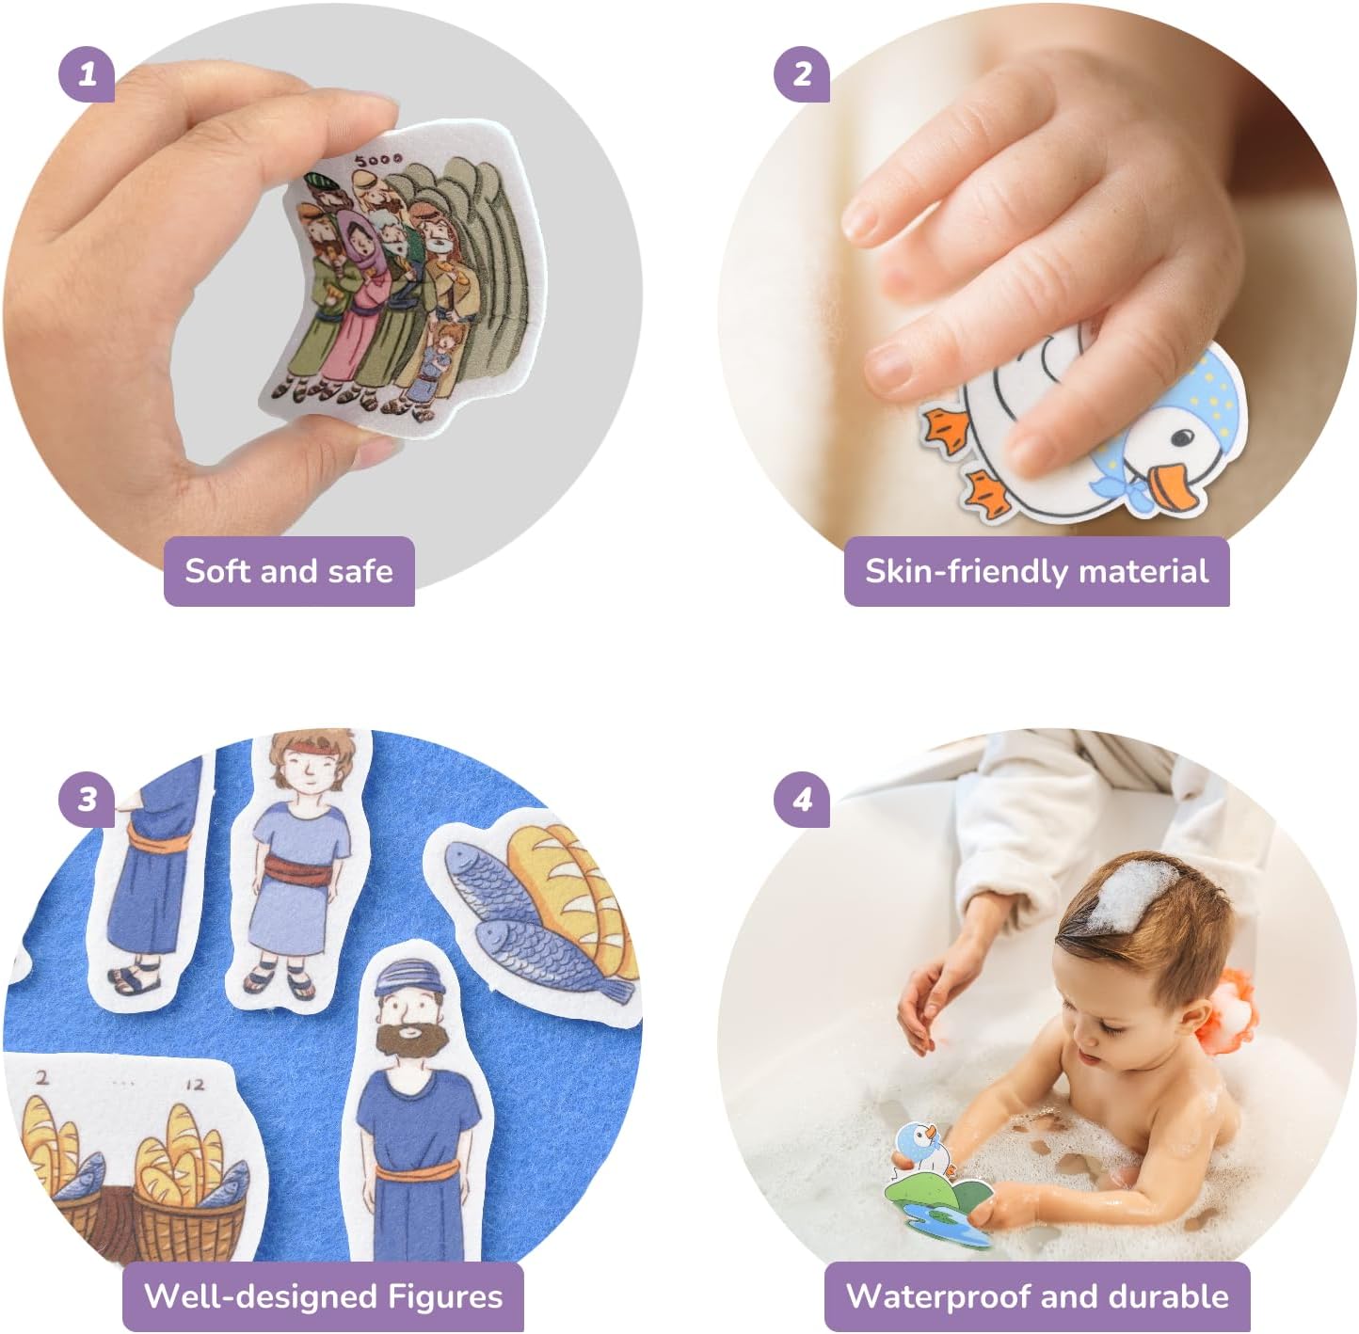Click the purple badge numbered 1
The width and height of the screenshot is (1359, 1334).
coord(87,74)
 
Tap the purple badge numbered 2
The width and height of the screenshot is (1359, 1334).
coord(802,74)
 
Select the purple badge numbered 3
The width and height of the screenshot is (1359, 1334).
coord(87,800)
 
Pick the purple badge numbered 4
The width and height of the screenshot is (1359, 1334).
coord(802,800)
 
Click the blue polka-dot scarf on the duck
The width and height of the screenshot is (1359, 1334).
coord(1182,404)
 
